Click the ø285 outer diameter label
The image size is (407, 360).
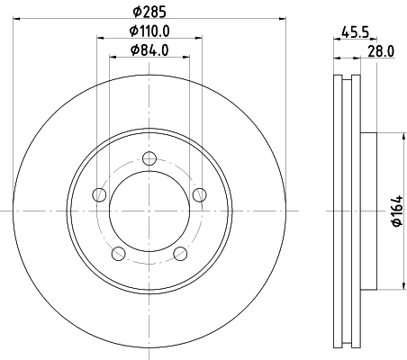point(149,12)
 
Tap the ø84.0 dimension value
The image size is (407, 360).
point(149,49)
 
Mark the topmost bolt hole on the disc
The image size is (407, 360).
point(149,160)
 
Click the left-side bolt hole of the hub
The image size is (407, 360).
point(100,195)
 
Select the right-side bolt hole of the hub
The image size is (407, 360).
point(199,195)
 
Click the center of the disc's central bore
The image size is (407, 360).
point(149,211)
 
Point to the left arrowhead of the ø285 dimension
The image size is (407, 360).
point(19,20)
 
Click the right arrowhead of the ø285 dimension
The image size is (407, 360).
point(281,20)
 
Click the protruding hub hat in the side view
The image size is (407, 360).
point(367,211)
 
